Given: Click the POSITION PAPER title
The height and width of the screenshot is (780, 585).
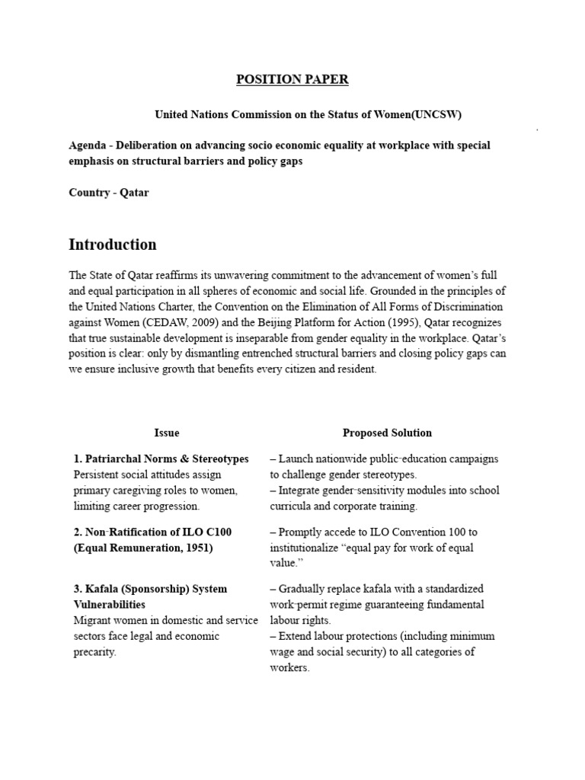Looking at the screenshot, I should (x=292, y=80).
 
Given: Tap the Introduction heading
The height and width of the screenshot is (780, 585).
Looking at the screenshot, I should (x=113, y=245).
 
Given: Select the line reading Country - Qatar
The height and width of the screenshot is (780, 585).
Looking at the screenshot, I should (x=109, y=193).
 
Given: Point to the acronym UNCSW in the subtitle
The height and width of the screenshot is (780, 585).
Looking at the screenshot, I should (x=436, y=115).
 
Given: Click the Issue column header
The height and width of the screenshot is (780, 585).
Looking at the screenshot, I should (x=167, y=433).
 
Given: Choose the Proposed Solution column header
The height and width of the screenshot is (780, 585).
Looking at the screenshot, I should (x=387, y=433).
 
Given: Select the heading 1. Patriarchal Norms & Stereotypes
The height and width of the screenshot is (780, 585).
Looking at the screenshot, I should (x=161, y=459).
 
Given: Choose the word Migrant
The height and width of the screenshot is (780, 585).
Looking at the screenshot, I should (x=90, y=621).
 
